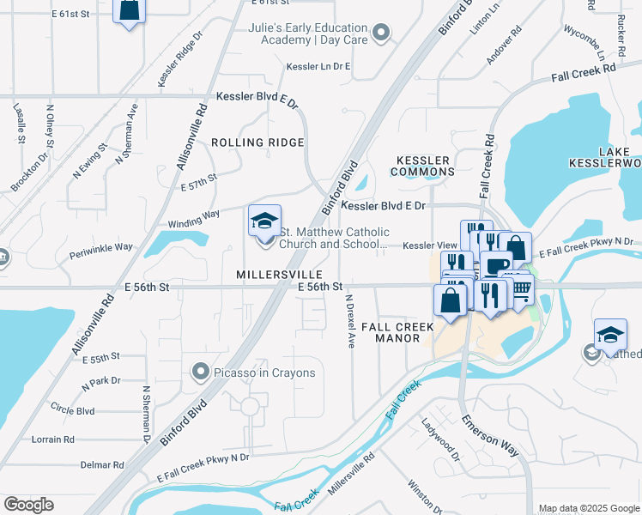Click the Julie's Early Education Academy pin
pyautogui.click(x=383, y=33)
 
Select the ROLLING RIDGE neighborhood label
pyautogui.click(x=257, y=142)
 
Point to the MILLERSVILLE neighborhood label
pyautogui.click(x=267, y=274)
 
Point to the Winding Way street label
pyautogui.click(x=194, y=218)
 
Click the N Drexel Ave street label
pyautogui.click(x=349, y=321)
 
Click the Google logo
pyautogui.click(x=28, y=505)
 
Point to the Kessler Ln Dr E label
pyautogui.click(x=319, y=66)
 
